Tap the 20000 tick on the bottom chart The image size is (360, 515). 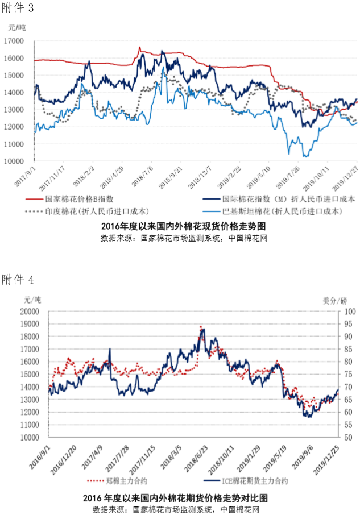[27, 312]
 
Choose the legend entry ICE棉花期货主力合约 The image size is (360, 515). [256, 482]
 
